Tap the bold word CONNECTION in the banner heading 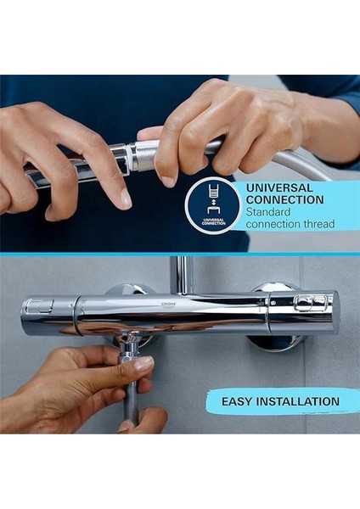coord(284,200)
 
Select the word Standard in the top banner coord(269,212)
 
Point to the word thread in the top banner coord(318,224)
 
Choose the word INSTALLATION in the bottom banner coord(300,401)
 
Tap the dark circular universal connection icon coord(213,205)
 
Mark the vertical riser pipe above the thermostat coord(180,273)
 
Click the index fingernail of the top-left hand coord(125,198)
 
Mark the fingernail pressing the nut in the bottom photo coord(143,363)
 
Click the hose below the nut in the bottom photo coord(130,399)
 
